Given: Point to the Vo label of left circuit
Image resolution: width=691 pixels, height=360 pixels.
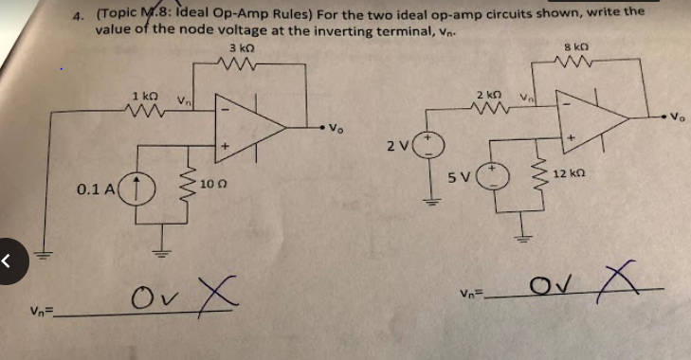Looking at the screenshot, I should (x=335, y=128).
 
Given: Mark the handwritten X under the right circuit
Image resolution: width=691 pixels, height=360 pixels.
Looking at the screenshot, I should (x=617, y=280).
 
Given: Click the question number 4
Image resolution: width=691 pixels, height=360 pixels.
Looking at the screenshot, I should (x=80, y=15).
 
